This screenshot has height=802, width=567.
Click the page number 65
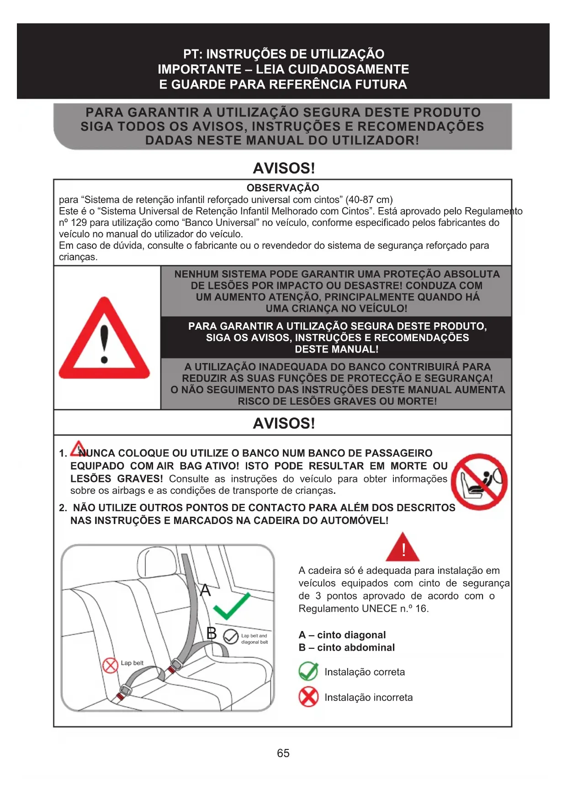pyautogui.click(x=283, y=753)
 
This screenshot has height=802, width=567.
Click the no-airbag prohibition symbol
pyautogui.click(x=479, y=482)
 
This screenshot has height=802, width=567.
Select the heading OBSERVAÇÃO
pyautogui.click(x=283, y=187)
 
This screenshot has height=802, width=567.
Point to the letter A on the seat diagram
pyautogui.click(x=206, y=590)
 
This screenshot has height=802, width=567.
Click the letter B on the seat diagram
pyautogui.click(x=212, y=633)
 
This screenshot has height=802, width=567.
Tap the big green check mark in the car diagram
pyautogui.click(x=232, y=606)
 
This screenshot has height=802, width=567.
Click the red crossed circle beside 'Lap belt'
pyautogui.click(x=110, y=665)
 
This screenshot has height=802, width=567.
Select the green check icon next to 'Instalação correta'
pyautogui.click(x=308, y=671)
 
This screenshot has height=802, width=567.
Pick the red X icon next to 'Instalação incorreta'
pyautogui.click(x=308, y=697)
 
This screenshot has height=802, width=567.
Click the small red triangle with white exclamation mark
pyautogui.click(x=403, y=548)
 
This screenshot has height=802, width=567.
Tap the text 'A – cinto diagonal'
pyautogui.click(x=342, y=635)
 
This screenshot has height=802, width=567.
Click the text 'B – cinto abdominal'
pyautogui.click(x=347, y=647)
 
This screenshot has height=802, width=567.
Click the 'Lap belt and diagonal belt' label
pyautogui.click(x=254, y=639)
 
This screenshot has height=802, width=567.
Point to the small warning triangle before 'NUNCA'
pyautogui.click(x=79, y=448)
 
